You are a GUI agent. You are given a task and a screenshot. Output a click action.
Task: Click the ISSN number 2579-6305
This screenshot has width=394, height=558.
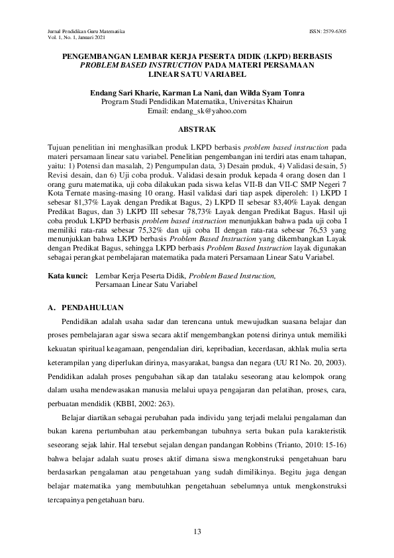[x=335, y=32]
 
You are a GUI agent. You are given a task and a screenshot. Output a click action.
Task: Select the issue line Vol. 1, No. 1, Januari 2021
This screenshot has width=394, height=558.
[x=77, y=38]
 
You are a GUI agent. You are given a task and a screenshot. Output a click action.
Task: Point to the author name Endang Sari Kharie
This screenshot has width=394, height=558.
[x=123, y=93]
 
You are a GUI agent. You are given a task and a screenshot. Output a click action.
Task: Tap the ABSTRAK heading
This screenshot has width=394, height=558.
[x=198, y=130]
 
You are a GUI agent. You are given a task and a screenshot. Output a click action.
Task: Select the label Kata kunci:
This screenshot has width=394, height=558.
[x=69, y=274]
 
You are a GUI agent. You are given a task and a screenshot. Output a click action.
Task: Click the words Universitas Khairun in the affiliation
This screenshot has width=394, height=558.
[x=265, y=103]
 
